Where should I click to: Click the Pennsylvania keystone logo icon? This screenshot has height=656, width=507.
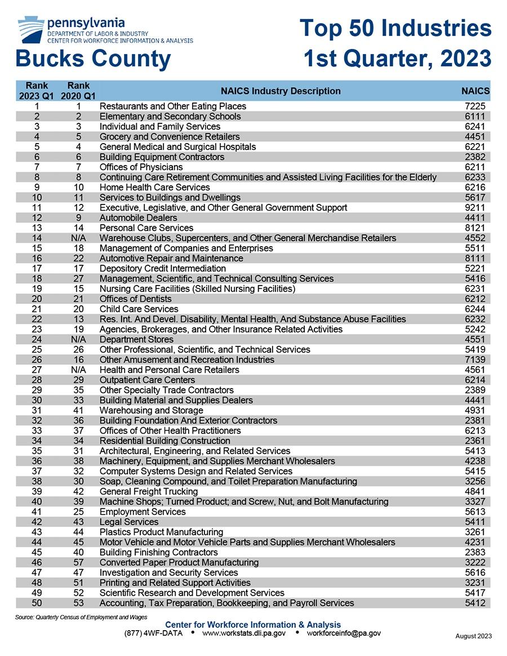click(30, 29)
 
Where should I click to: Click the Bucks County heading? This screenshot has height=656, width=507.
click(93, 59)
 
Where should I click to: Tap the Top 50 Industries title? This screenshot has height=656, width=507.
click(395, 28)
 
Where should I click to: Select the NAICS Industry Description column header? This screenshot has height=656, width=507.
click(281, 91)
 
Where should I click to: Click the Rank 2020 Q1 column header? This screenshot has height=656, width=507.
click(78, 91)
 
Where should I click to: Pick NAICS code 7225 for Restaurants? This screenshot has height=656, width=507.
click(473, 106)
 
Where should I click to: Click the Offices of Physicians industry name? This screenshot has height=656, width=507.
click(141, 167)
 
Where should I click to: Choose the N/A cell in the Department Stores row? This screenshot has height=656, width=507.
click(78, 340)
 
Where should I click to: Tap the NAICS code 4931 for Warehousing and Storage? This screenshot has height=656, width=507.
click(473, 410)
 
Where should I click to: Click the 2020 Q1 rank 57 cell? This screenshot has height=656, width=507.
click(78, 563)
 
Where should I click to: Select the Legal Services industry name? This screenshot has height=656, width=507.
click(129, 522)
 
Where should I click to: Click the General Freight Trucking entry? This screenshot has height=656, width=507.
click(149, 492)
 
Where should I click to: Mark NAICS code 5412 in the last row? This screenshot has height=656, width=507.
click(473, 603)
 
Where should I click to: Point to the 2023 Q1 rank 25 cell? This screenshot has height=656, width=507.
click(37, 350)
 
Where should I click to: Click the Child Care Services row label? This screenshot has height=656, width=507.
click(139, 309)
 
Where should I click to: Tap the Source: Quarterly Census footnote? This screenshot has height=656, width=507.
click(81, 617)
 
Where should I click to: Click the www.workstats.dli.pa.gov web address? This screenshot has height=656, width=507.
click(243, 633)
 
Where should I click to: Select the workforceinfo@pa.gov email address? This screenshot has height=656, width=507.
click(344, 633)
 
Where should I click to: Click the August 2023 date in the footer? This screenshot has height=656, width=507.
click(473, 636)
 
